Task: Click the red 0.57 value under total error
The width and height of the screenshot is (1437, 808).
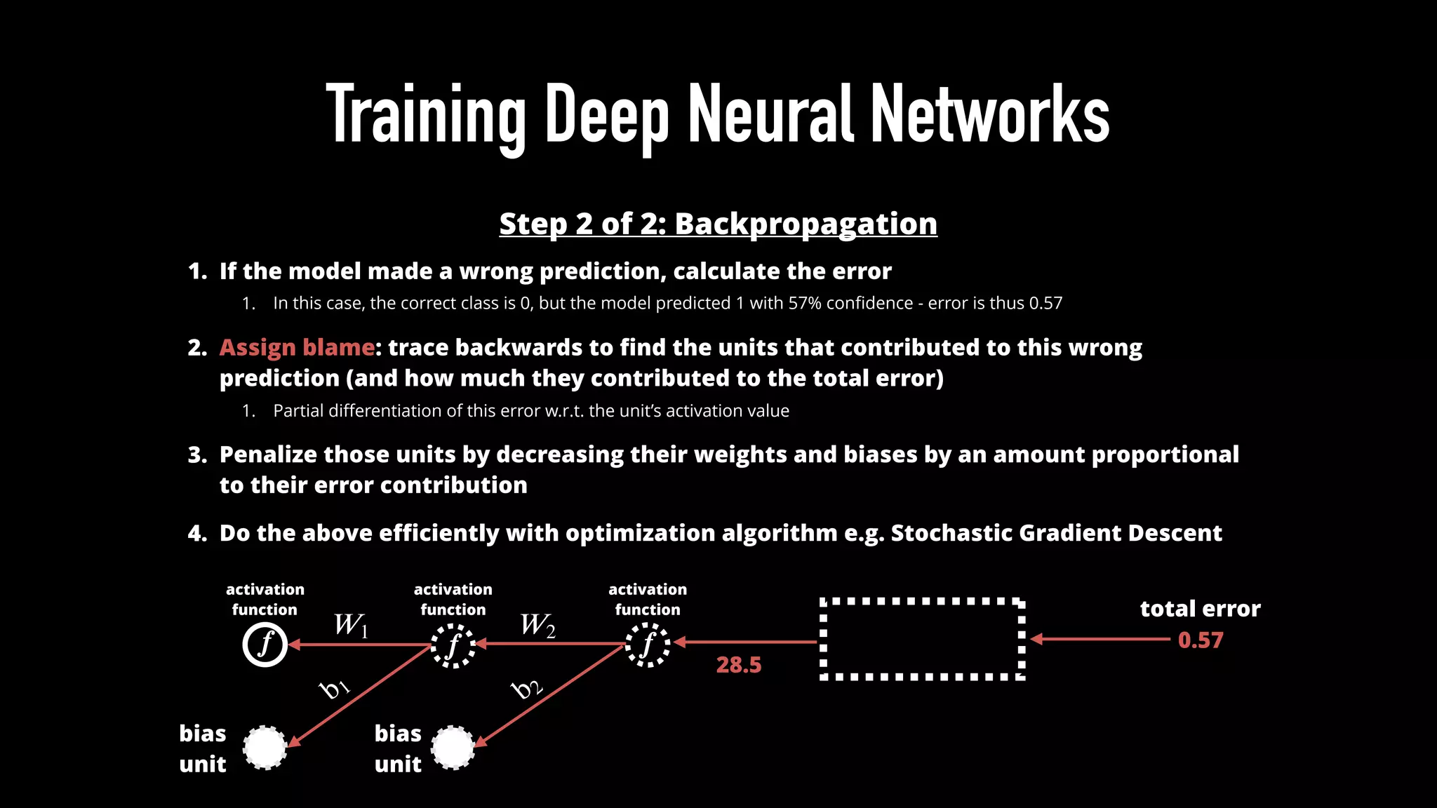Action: (x=1200, y=640)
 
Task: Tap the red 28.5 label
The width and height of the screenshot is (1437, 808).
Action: (x=738, y=664)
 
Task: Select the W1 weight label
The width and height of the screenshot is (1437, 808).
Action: (x=351, y=624)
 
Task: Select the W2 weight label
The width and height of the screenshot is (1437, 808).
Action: (x=537, y=624)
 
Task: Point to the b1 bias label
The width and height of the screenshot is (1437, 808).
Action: (x=335, y=688)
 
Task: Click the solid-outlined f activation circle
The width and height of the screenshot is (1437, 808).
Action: (x=265, y=645)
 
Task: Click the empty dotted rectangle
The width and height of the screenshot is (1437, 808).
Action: (x=922, y=639)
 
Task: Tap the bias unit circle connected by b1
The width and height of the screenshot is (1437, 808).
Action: (x=265, y=748)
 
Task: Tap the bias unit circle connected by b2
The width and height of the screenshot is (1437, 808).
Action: (x=453, y=748)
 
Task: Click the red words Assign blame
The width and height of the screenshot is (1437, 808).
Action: (x=297, y=347)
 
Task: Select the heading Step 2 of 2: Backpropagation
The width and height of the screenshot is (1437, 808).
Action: (x=718, y=224)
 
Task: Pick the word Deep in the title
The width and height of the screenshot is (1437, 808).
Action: (x=607, y=114)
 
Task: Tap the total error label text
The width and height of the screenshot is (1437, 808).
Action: (x=1200, y=608)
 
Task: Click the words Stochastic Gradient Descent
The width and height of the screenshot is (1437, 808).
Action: (x=1056, y=533)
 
